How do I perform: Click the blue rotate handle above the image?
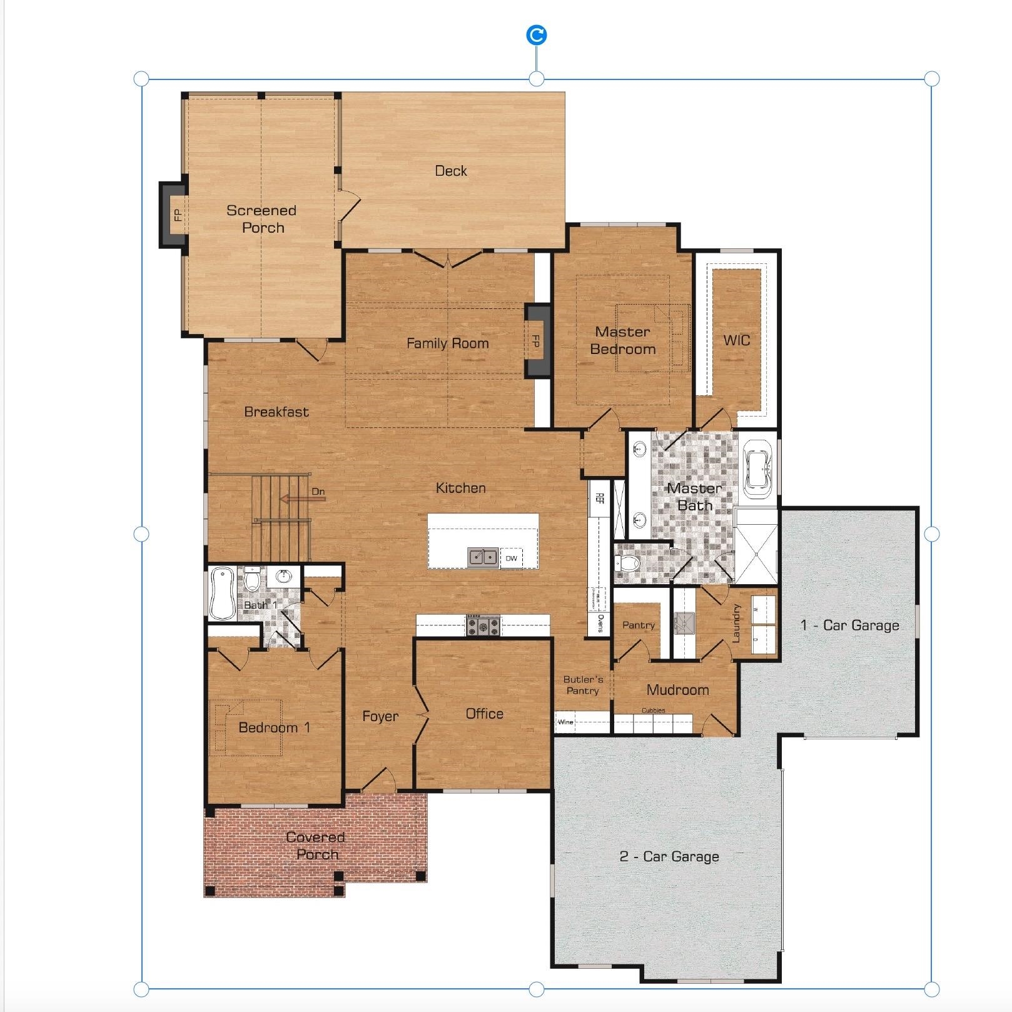537,35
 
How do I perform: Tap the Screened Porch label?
262,219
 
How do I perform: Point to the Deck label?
451,171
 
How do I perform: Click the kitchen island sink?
482,557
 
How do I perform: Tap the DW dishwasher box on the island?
512,558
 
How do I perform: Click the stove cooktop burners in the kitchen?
483,625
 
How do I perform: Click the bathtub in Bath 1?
221,592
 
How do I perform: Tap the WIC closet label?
736,340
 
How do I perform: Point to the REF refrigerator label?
599,498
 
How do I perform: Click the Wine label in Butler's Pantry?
565,722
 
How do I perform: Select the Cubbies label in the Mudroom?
653,711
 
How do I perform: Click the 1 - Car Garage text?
849,625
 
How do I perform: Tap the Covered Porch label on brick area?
316,845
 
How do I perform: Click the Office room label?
484,714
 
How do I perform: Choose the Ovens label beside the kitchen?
600,624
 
